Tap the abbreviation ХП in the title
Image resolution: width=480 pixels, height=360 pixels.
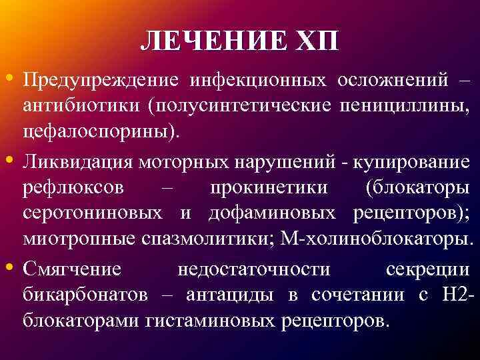click(x=319, y=41)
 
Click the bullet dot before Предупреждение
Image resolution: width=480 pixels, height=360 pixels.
click(x=14, y=78)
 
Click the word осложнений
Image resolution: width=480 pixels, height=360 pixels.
click(x=387, y=79)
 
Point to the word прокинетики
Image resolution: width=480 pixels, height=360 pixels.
click(x=269, y=187)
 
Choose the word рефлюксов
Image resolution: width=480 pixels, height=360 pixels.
click(x=73, y=187)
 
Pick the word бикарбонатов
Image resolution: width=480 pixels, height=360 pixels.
click(x=87, y=295)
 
